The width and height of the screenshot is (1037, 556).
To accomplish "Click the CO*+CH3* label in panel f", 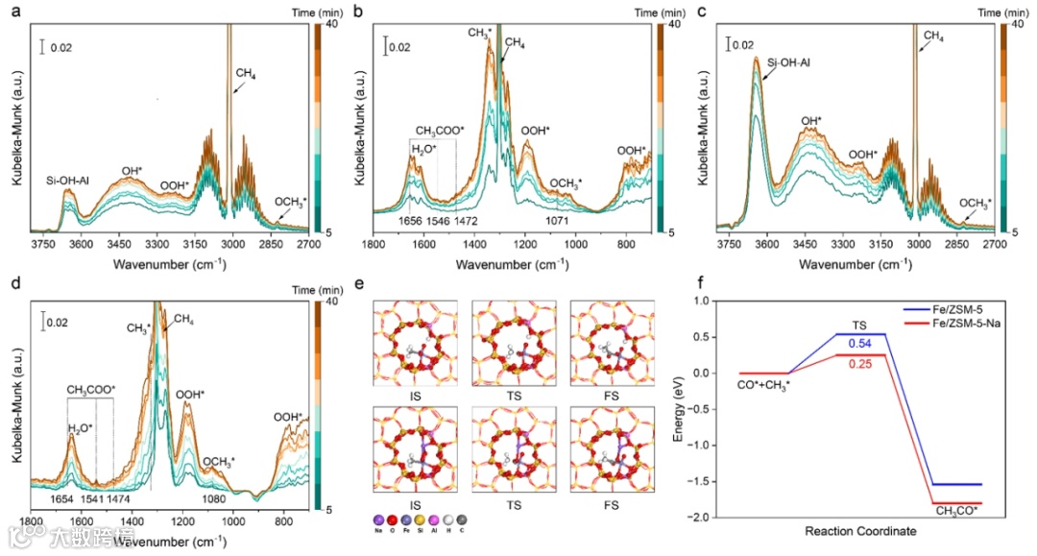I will (763, 386).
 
